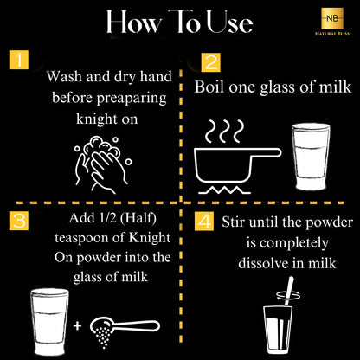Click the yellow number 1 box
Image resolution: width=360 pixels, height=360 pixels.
pyautogui.click(x=19, y=60)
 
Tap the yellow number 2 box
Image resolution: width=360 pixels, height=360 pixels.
pyautogui.click(x=211, y=62)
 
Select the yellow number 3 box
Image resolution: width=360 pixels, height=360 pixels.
pyautogui.click(x=19, y=221)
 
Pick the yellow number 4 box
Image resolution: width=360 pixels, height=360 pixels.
pyautogui.click(x=204, y=222)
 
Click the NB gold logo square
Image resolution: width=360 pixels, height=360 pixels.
pyautogui.click(x=332, y=18)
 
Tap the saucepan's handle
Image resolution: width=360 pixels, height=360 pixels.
pyautogui.click(x=267, y=152)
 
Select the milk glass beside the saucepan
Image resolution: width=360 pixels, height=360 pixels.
pyautogui.click(x=311, y=157)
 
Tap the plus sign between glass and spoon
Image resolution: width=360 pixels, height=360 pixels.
pyautogui.click(x=77, y=326)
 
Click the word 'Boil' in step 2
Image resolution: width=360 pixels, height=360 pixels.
pyautogui.click(x=209, y=87)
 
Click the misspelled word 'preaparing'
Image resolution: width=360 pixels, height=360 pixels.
pyautogui.click(x=132, y=99)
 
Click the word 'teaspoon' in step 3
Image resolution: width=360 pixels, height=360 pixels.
pyautogui.click(x=89, y=238)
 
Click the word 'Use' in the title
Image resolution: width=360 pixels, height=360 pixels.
pyautogui.click(x=230, y=22)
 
